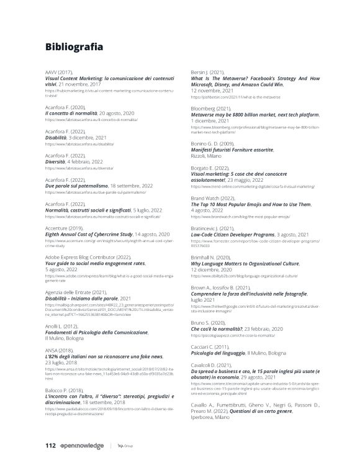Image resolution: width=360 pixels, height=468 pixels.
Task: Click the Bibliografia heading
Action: pyautogui.click(x=79, y=47)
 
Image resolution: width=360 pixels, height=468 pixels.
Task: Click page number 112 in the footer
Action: pyautogui.click(x=51, y=444)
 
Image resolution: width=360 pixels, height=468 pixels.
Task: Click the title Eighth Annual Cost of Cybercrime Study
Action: pyautogui.click(x=88, y=233)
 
